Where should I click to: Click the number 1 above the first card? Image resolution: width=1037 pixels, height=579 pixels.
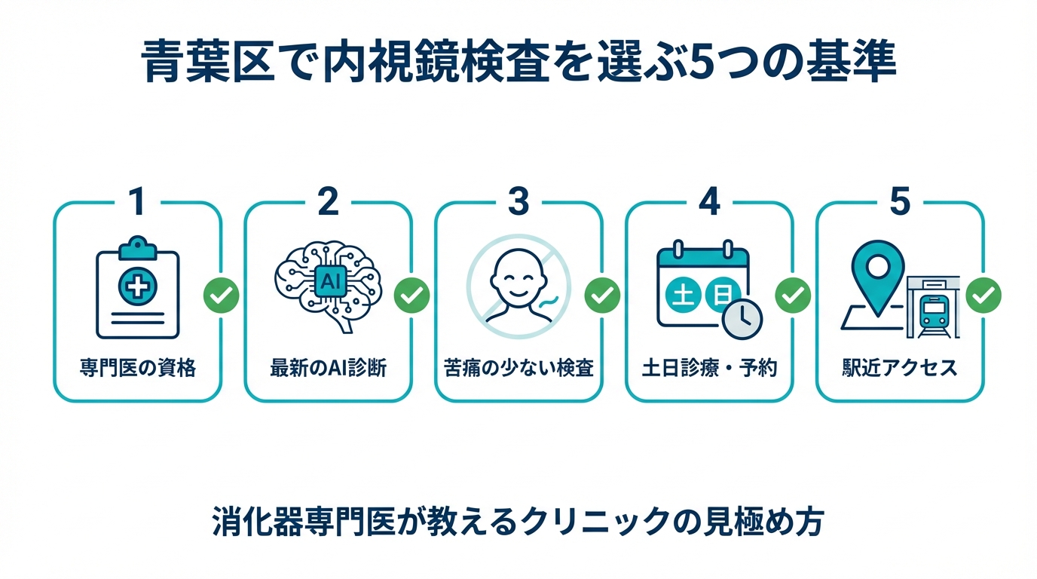click(x=136, y=201)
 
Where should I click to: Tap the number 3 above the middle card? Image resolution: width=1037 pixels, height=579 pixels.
click(x=518, y=201)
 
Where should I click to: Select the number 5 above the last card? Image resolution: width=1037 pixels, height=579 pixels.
click(x=900, y=201)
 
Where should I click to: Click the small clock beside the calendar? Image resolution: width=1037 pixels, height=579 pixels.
click(x=742, y=319)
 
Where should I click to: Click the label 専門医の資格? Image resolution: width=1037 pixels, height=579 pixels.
click(x=137, y=369)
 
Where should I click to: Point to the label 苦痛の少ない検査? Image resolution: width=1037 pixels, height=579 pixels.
click(x=518, y=369)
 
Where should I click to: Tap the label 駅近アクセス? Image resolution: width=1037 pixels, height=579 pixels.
click(x=900, y=369)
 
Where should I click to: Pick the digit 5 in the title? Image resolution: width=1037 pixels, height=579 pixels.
click(x=704, y=64)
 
